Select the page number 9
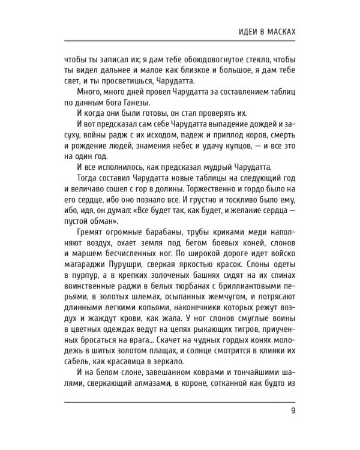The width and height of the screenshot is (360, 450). tap(292, 410)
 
